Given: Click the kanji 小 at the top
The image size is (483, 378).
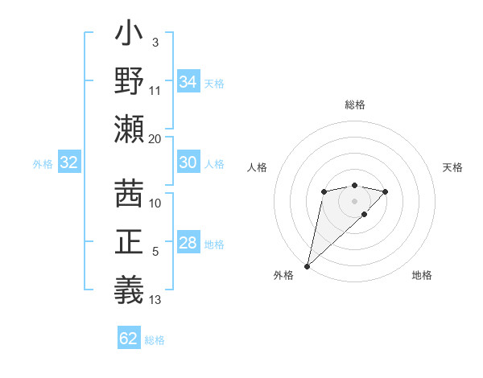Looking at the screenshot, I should tap(129, 36).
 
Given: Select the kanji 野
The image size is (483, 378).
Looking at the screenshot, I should tap(129, 82).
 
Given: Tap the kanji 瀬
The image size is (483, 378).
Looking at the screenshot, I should tap(129, 128).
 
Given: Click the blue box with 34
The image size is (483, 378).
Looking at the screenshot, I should tap(188, 82).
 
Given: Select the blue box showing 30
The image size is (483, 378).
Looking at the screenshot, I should tap(188, 163).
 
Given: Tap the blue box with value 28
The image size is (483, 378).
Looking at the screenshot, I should tap(188, 244).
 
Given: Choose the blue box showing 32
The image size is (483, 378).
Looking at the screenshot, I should tap(69, 163).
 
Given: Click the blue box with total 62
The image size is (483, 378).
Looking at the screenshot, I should tap(129, 339).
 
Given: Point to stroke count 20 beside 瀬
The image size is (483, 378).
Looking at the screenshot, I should tap(155, 138).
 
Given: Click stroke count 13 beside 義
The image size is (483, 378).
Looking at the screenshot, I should tap(155, 300).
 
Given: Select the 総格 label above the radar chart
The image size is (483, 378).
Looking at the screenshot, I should tap(354, 105).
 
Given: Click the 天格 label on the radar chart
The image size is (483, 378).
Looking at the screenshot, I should tap(452, 167).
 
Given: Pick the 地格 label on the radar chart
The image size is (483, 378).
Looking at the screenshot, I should tap(422, 275).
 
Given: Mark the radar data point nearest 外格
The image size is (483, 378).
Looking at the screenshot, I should tap(307, 265).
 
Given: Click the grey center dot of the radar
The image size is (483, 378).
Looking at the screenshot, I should tap(354, 200).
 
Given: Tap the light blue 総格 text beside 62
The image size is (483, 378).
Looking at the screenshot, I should tap(155, 340).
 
